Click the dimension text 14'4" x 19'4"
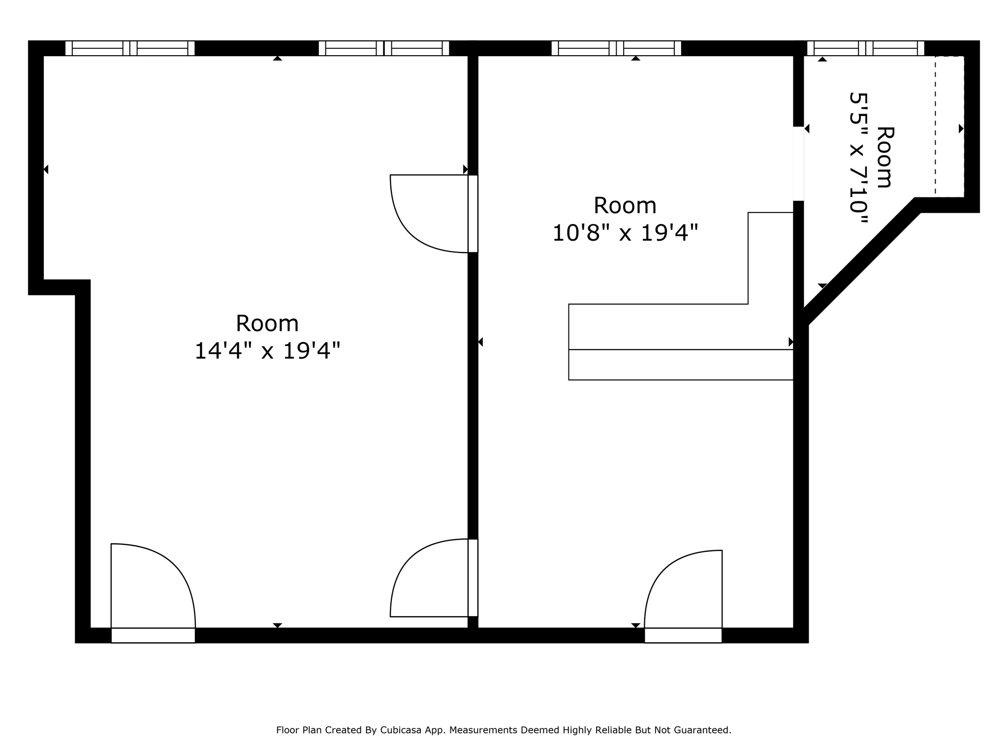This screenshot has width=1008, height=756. point(267,351)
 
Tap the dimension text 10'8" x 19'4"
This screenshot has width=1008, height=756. point(625,233)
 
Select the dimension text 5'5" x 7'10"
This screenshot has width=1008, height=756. point(858,158)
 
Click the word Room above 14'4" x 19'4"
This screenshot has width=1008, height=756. point(267,323)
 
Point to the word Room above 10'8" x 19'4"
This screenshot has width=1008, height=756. point(625,205)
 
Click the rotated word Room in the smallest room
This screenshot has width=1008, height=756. point(885,157)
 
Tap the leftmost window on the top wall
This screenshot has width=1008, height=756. point(130,48)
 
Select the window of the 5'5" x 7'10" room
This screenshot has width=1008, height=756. point(865,48)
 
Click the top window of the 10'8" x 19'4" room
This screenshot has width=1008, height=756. point(616,48)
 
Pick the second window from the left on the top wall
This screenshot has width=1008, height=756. point(384,48)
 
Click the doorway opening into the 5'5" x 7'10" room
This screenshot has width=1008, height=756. point(798,164)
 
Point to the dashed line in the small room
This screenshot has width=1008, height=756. point(935,126)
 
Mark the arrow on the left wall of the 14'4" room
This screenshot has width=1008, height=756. point(46,169)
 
